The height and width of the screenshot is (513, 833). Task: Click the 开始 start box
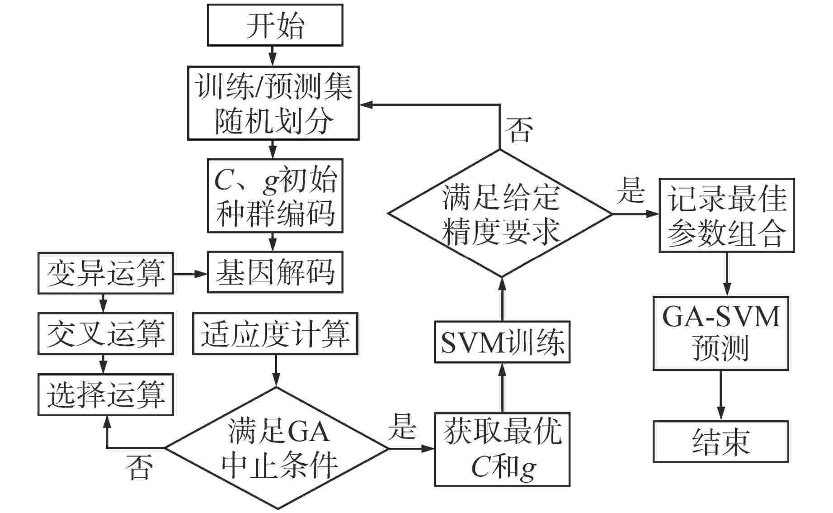coord(275,25)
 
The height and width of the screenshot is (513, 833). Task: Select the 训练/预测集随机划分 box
coord(273,103)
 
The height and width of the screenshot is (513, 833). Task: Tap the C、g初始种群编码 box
coord(275,195)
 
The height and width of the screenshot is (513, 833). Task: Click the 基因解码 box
coord(275,272)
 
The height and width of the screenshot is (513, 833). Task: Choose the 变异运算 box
coord(106,273)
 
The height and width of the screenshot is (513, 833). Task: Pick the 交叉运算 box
coord(106,334)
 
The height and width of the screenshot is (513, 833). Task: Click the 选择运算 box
coord(106,394)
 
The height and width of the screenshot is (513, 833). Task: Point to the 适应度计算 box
coord(275,334)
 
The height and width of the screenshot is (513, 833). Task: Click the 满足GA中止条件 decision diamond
coord(277,448)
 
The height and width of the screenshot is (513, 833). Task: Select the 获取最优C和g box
coord(502,449)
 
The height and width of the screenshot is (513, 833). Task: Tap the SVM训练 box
coord(502,342)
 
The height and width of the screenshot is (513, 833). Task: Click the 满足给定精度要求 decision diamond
coord(500,214)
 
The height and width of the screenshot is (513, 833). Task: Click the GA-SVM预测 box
coord(721,333)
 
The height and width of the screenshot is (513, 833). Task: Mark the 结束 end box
coord(721,442)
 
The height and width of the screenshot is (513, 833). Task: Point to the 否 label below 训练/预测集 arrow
coord(519,129)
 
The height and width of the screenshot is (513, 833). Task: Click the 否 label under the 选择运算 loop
coord(139,467)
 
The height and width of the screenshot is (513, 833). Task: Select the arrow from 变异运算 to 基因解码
coord(190,274)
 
